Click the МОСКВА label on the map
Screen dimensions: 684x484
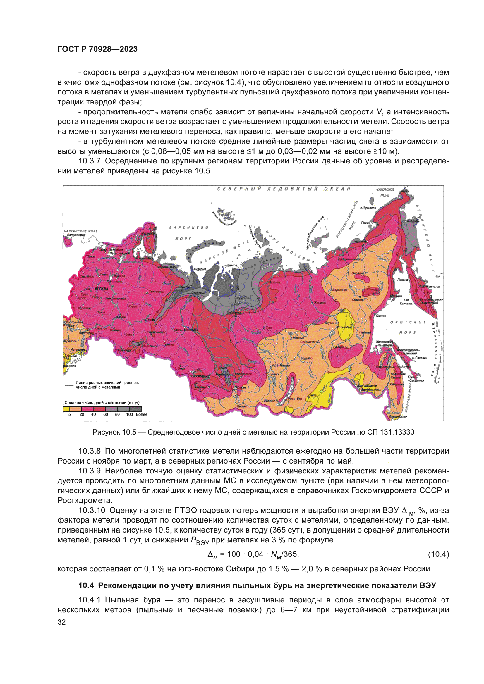pos(101,289)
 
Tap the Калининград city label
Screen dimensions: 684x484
pos(76,235)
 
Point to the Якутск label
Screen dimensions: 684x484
pos(329,323)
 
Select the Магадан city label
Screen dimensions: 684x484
pos(396,296)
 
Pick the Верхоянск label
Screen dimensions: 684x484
pos(339,290)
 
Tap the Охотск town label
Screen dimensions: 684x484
pos(381,316)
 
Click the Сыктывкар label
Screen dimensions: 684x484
pos(157,291)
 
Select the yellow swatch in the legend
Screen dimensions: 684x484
pos(66,409)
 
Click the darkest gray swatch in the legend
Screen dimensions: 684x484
pos(138,409)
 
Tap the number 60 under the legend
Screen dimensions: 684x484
pos(106,414)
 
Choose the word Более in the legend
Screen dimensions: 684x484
pos(142,414)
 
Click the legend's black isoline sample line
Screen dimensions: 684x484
pos(69,385)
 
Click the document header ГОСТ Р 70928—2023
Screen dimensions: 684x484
pos(97,49)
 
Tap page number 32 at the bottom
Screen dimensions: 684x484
pos(62,622)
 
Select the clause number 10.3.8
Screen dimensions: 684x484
pos(90,451)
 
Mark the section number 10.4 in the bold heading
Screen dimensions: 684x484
pos(86,585)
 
